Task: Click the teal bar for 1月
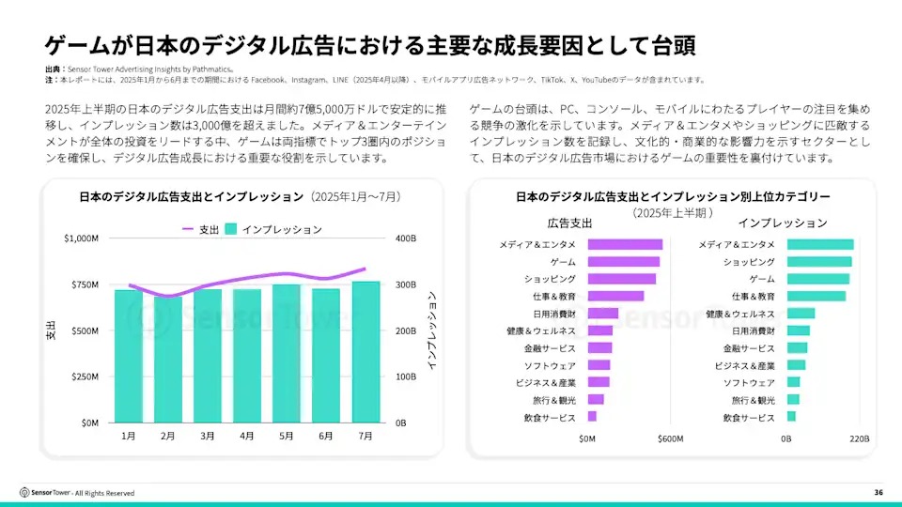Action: click(129, 356)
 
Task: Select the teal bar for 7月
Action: click(365, 352)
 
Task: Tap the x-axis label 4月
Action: click(247, 437)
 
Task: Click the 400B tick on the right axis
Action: click(405, 238)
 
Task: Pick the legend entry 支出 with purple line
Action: click(200, 229)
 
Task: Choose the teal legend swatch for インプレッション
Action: click(230, 229)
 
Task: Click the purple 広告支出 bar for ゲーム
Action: click(623, 262)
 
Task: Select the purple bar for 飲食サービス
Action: click(592, 416)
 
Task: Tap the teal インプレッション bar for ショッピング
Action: click(819, 262)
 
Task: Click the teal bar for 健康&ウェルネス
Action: click(801, 314)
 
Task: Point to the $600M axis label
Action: click(670, 438)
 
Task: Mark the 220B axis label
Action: click(859, 438)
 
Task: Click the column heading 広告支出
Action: click(569, 223)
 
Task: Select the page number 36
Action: click(878, 493)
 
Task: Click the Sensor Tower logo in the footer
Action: click(43, 493)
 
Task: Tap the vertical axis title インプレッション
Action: click(432, 330)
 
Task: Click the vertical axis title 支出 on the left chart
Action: click(51, 330)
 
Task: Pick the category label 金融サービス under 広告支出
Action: click(550, 348)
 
